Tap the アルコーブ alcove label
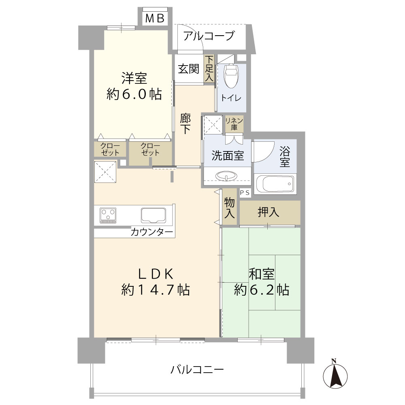coord(209,36)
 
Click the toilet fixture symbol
coord(231,76)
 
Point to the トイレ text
coord(231,98)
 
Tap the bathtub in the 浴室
coord(275,183)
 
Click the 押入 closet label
coord(269,212)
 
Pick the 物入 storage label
coord(230,208)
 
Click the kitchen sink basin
coord(153,215)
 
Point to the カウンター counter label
coord(152,232)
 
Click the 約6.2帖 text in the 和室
coord(261,289)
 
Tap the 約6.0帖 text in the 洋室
coord(134,94)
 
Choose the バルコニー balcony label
coord(197,369)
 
